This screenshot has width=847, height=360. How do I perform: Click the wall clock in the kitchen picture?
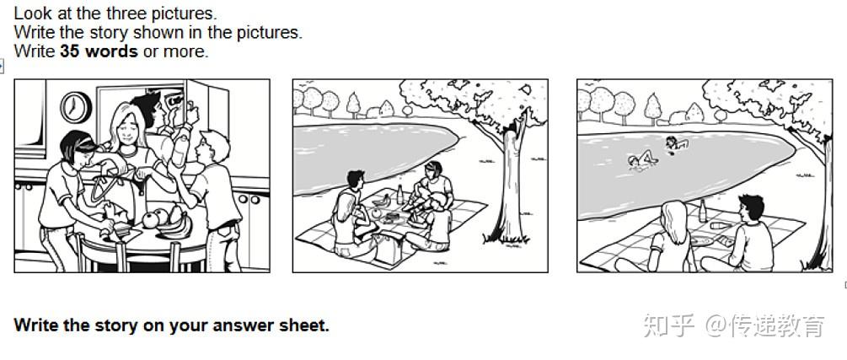pos(76,108)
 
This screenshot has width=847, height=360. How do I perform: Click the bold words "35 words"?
pos(99,51)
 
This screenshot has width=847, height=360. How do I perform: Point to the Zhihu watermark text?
pos(733,326)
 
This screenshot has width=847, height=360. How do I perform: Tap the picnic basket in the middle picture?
pos(388,250)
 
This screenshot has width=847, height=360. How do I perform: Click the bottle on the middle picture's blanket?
pos(400,195)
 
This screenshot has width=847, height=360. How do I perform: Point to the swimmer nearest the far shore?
pos(676,143)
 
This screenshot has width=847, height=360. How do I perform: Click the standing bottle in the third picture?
pos(702,211)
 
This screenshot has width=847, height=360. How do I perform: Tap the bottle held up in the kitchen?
pos(180,146)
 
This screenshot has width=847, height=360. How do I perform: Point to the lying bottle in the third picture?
pos(720,225)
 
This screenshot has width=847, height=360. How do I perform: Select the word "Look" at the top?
pos(33,13)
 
